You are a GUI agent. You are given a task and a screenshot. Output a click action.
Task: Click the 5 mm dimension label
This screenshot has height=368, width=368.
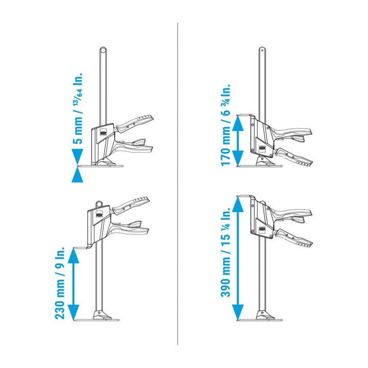[x=78, y=108]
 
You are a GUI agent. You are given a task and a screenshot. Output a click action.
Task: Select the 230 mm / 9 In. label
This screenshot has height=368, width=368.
[x=60, y=283]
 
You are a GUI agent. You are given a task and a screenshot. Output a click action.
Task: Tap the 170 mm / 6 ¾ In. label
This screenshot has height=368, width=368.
[x=226, y=125]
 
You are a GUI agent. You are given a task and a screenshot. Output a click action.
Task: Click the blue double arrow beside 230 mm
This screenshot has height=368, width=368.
[x=74, y=284]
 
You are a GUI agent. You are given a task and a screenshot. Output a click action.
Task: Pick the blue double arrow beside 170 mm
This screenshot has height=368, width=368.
[x=238, y=141]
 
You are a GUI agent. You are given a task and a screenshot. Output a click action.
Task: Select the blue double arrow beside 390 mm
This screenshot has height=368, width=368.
[x=238, y=258]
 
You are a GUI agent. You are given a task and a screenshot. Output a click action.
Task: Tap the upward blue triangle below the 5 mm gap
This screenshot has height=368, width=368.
[x=77, y=175]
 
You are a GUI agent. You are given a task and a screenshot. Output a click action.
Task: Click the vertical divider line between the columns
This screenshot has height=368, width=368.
[x=178, y=184]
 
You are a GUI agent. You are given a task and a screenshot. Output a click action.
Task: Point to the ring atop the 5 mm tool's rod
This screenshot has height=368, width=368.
[x=103, y=51]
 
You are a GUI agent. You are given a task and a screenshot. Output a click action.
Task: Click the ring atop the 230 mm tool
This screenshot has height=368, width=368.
[x=99, y=204]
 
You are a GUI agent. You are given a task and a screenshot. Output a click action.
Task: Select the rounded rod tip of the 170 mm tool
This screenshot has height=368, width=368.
[x=262, y=50]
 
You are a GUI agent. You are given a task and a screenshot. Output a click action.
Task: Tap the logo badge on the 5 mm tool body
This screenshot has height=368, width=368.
[x=103, y=132]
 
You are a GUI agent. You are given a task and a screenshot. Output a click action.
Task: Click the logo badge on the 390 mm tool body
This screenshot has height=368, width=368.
[x=262, y=229]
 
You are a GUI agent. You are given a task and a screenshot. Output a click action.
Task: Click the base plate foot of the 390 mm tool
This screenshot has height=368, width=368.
[x=260, y=320]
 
